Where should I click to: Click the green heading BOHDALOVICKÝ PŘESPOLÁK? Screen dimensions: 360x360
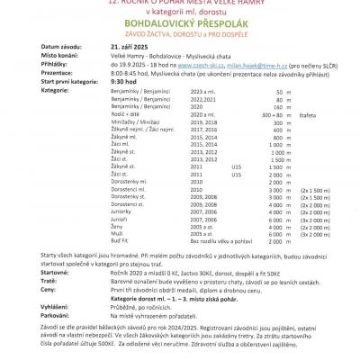click(180, 40)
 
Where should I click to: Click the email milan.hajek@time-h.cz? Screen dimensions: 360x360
click(274, 88)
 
